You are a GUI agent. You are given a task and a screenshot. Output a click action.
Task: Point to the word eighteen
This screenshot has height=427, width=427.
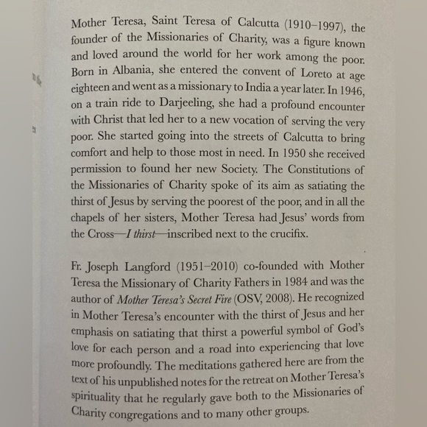[94, 91]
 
